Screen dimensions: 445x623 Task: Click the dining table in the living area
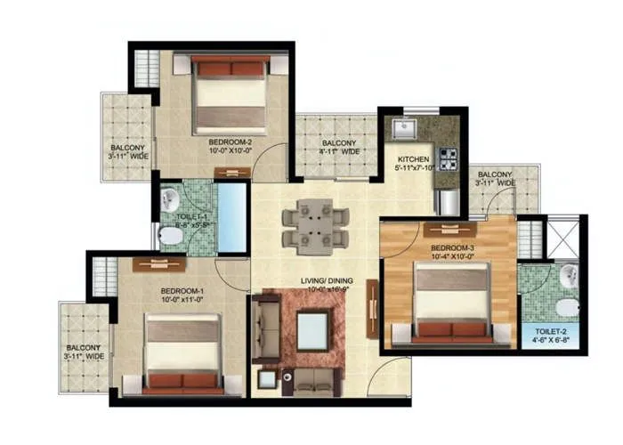click(314, 225)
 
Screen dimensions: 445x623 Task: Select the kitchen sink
click(407, 131)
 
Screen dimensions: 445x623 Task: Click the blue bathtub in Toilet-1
click(232, 216)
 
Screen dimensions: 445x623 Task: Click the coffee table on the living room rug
click(311, 330)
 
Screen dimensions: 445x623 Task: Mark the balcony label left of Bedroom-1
click(85, 352)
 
